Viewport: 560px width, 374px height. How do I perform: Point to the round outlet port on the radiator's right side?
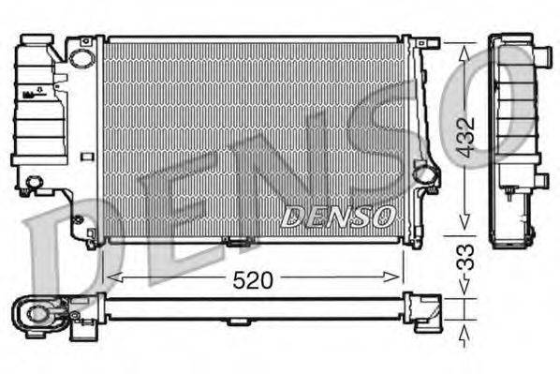(x=424, y=172)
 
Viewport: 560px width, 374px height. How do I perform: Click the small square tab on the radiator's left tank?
(x=86, y=157)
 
